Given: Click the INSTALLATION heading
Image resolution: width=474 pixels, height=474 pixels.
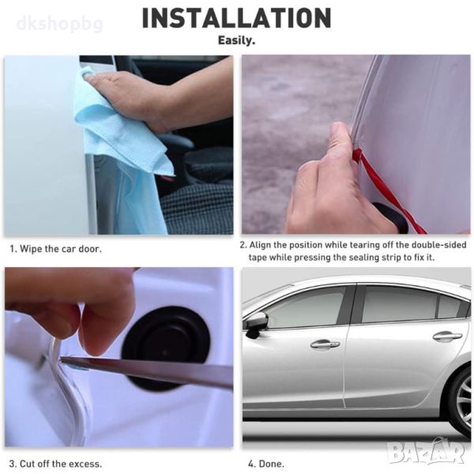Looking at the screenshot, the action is (237, 18).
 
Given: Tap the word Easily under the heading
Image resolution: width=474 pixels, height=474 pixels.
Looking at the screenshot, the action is (237, 40).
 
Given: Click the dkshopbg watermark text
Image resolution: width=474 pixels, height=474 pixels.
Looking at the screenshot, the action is (60, 24).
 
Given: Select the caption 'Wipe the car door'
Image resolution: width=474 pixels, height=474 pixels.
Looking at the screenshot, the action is (60, 249).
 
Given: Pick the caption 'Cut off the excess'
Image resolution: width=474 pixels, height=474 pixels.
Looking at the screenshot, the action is (60, 464).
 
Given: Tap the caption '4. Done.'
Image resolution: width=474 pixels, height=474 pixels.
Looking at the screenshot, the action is (266, 464).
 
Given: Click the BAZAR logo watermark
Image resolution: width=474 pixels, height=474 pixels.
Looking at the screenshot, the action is (427, 453).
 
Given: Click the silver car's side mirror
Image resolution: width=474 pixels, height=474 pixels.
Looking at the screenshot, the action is (256, 324).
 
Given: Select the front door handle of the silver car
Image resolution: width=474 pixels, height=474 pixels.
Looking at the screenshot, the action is (325, 344).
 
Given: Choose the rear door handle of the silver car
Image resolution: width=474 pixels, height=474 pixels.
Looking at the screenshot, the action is (447, 336).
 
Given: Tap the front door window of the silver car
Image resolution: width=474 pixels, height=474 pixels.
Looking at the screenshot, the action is (305, 305).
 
